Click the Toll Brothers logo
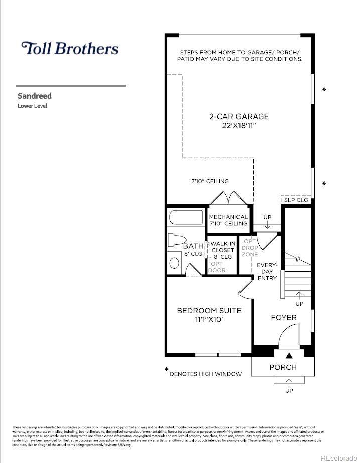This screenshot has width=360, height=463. [x=70, y=48]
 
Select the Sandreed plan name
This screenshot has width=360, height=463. [x=35, y=96]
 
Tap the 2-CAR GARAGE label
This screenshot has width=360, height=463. [x=239, y=117]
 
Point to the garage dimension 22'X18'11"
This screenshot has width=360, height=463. [x=239, y=125]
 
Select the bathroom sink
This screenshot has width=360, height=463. [x=174, y=263]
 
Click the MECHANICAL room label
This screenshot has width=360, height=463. [x=228, y=217]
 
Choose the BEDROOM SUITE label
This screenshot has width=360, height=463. [x=209, y=311]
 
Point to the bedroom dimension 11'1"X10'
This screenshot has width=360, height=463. [x=209, y=319]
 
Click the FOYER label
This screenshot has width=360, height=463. [x=284, y=317]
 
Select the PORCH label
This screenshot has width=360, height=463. [x=283, y=367]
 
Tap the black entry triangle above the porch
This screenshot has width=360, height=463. [x=282, y=356]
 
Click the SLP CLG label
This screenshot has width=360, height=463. [x=296, y=200]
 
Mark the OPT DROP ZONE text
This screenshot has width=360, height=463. [x=250, y=248]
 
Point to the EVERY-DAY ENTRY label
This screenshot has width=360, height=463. [x=267, y=271]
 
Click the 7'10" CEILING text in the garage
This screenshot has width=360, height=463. [x=210, y=181]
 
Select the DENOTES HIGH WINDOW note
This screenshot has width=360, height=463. [x=205, y=374]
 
